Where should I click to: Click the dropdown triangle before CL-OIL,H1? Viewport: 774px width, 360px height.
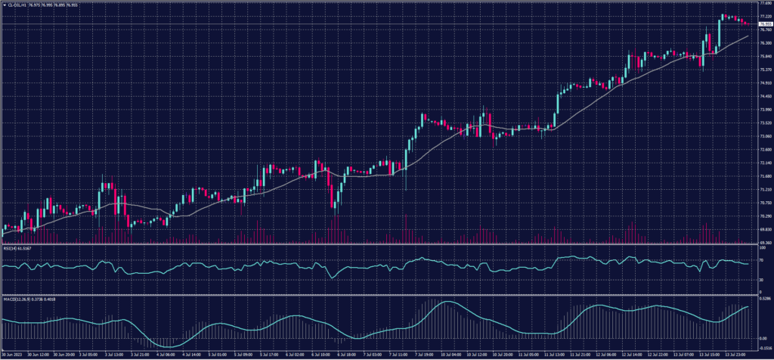tap(3, 4)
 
